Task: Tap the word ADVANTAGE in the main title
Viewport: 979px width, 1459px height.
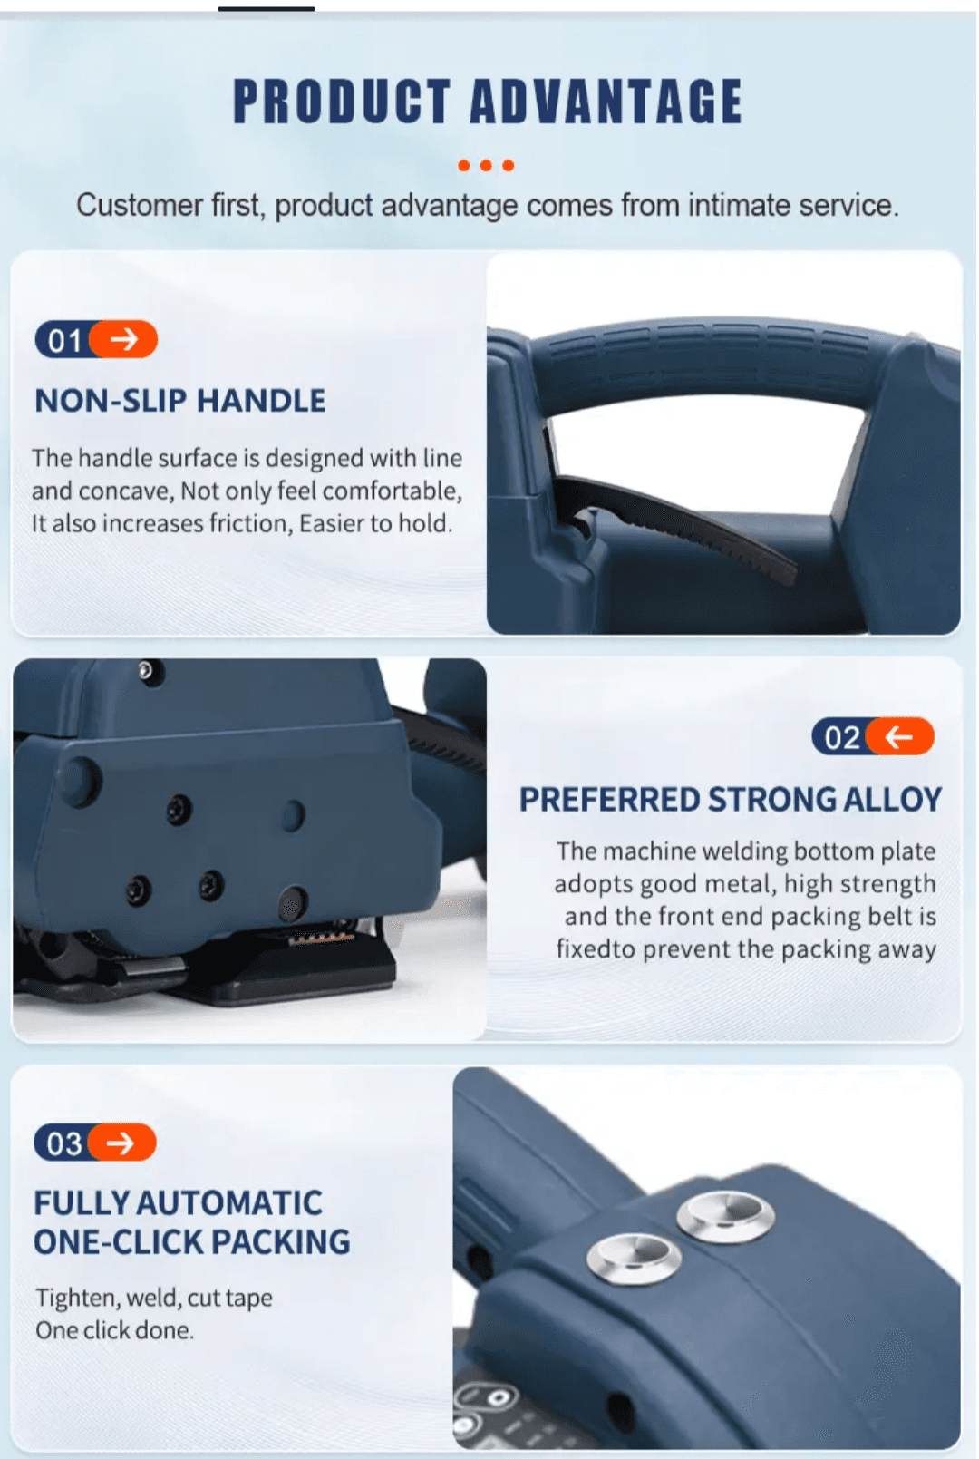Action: tap(606, 101)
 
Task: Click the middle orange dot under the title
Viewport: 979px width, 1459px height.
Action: tap(486, 165)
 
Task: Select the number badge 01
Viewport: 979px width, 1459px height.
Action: tap(64, 340)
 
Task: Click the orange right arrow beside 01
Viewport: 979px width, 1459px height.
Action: tap(125, 339)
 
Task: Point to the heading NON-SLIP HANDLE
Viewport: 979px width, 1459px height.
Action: tap(179, 400)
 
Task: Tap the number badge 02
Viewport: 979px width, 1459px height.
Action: tap(841, 737)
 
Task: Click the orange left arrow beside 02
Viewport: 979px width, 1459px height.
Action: tap(900, 736)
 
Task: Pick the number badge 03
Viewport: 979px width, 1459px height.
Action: tap(63, 1143)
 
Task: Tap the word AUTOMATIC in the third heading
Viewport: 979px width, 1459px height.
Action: tap(228, 1203)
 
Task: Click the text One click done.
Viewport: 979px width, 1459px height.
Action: tap(114, 1330)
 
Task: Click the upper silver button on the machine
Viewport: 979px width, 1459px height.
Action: tap(725, 1214)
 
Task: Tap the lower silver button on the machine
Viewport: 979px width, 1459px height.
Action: tap(634, 1257)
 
